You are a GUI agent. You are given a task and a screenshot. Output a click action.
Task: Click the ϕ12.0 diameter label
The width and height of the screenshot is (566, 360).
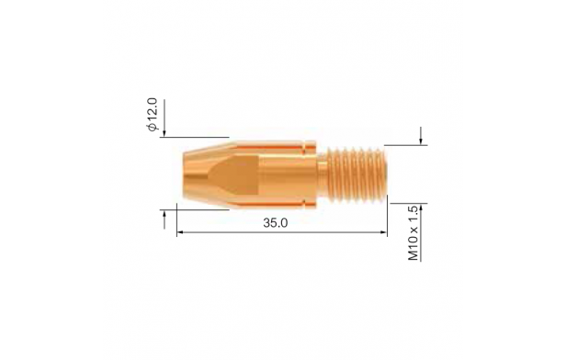[153, 115]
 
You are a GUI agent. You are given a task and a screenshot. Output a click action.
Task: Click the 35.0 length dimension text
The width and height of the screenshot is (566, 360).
[275, 223]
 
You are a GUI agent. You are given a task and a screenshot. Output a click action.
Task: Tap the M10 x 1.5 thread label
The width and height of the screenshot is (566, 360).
[413, 233]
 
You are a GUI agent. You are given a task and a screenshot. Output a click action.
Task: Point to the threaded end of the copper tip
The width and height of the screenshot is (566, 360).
[357, 174]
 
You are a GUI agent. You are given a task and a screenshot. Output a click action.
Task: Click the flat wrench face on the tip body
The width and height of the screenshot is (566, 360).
[234, 174]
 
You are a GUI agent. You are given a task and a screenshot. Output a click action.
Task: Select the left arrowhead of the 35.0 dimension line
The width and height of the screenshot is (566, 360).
[180, 232]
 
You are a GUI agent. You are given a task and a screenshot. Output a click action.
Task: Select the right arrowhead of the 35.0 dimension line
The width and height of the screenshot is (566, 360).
[384, 232]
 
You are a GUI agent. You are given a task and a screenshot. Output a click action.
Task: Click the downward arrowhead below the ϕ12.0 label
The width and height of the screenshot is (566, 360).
[164, 133]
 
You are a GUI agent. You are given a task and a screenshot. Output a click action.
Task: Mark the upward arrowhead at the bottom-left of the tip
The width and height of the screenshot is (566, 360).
[164, 214]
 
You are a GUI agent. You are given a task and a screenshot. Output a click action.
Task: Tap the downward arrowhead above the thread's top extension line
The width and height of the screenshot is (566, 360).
[420, 141]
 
